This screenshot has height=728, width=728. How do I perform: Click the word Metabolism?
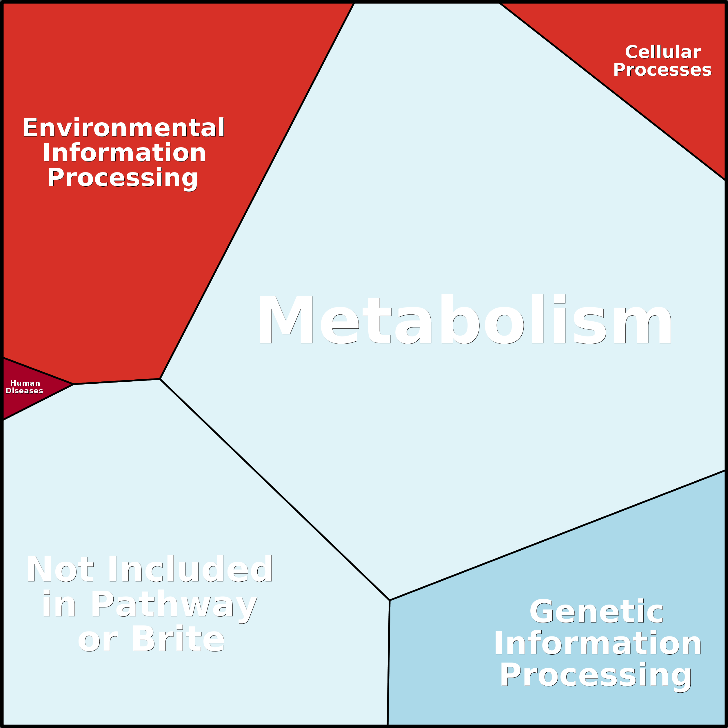click(465, 319)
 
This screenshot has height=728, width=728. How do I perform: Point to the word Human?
click(25, 383)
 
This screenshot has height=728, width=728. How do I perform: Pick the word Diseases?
click(25, 391)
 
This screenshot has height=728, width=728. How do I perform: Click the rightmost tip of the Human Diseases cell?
click(74, 384)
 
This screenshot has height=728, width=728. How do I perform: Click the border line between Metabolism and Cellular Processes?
click(613, 92)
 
